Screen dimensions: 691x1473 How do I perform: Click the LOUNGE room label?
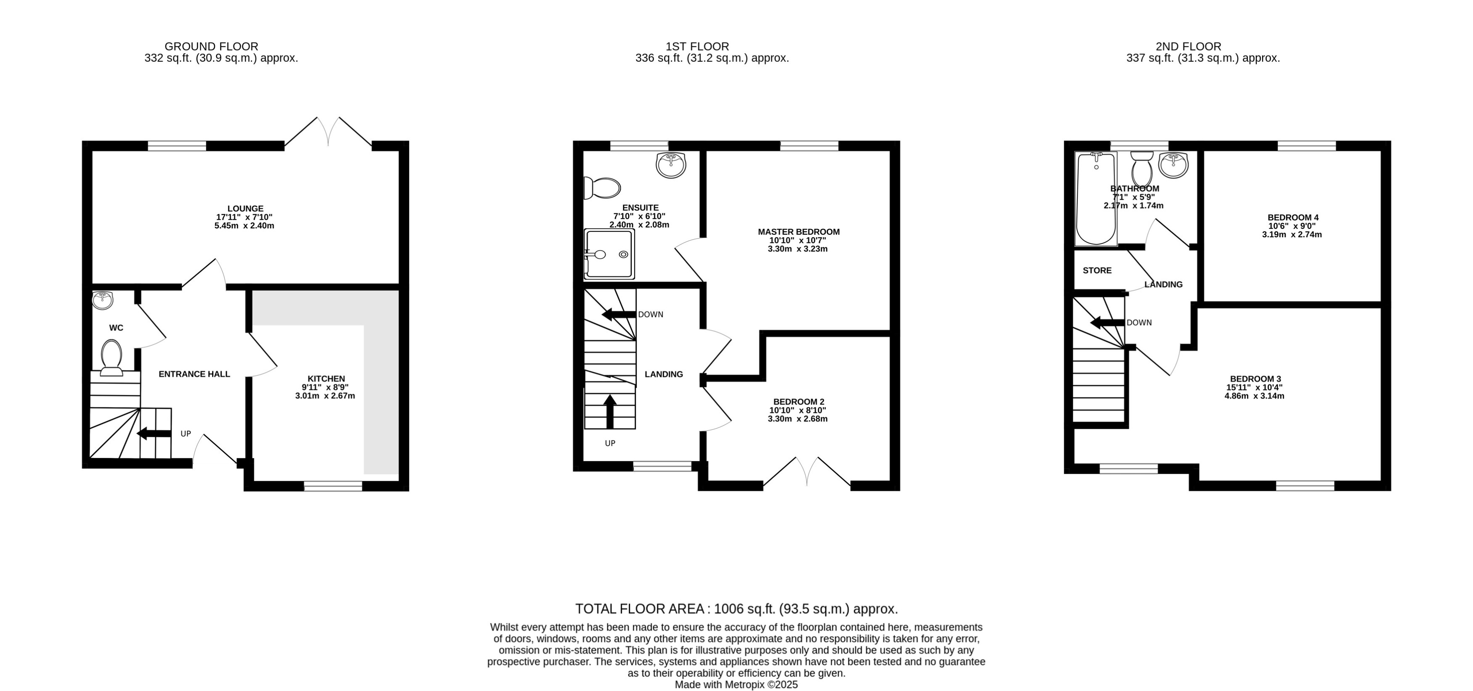coord(245,209)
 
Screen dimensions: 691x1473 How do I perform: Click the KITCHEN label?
coord(326,379)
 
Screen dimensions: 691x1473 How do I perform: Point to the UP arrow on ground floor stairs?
coord(154,433)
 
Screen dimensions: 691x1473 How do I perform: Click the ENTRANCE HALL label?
coord(194,374)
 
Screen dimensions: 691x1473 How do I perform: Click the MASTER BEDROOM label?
coord(798,231)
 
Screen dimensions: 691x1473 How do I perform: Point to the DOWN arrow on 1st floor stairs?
coord(619,314)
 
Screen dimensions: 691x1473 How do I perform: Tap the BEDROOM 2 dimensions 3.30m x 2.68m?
coord(797,418)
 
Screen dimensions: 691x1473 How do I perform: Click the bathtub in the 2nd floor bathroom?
coord(1095,199)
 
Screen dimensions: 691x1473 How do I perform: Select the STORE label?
coord(1097,270)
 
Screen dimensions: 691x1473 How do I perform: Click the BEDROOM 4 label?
coord(1292,217)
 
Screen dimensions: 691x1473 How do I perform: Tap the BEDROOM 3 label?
coord(1255,379)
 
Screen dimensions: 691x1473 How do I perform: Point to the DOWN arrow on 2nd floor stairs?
coord(1107,322)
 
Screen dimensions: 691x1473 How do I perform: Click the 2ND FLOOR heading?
coord(1188,46)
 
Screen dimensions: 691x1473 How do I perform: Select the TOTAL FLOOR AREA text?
coord(736,609)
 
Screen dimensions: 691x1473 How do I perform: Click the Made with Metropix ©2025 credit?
coord(736,684)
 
